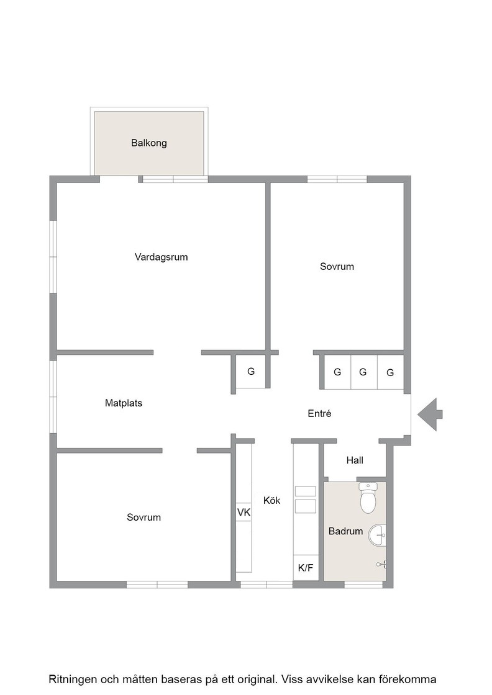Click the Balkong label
tap(149, 143)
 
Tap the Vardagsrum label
tap(161, 257)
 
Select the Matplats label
tap(124, 403)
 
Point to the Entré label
tap(319, 413)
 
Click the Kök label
tap(272, 500)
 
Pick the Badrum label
tap(345, 531)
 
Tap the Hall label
tap(355, 460)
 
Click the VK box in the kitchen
tap(244, 513)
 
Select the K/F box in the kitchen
tap(306, 567)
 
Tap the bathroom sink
tap(378, 535)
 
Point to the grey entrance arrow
tap(430, 415)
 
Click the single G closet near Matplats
tap(250, 372)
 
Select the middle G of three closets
tap(363, 372)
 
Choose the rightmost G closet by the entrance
tap(390, 372)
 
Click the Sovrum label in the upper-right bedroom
tap(337, 266)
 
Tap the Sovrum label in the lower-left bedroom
tap(143, 518)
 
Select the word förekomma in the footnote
tap(408, 679)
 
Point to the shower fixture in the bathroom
tap(382, 564)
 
